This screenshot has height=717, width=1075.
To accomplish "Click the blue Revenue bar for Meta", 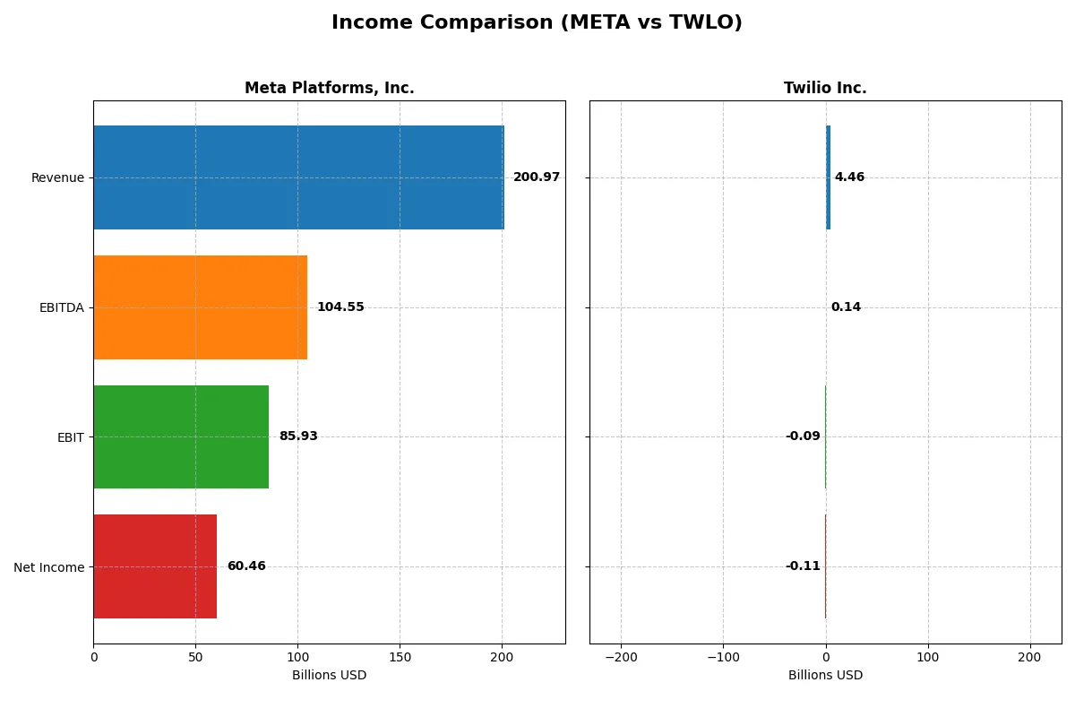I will [x=298, y=177].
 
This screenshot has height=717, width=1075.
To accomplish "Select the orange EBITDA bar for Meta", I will [x=200, y=307].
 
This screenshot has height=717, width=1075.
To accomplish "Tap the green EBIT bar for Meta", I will [x=181, y=436].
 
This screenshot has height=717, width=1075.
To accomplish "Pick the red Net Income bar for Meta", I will [x=155, y=566].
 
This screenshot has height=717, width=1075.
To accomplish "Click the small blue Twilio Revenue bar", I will [x=828, y=177].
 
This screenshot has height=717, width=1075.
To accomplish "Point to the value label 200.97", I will [x=536, y=177].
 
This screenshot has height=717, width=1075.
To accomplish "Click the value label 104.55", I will [x=340, y=307].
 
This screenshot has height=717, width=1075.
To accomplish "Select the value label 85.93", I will [x=298, y=436].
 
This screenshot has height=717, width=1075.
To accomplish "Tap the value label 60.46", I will [x=246, y=566].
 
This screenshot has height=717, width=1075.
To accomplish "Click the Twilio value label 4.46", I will [x=849, y=177].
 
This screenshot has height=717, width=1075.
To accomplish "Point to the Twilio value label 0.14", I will [x=846, y=307].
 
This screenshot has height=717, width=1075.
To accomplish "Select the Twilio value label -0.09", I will [x=803, y=436].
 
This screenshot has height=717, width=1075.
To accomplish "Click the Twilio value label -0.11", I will [x=803, y=566].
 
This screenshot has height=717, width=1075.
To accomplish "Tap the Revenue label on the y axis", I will [x=57, y=177].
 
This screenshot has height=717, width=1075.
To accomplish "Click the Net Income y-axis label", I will [x=49, y=567].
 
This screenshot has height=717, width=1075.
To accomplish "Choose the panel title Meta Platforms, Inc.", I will [x=329, y=88].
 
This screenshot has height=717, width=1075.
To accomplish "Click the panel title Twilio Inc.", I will [x=825, y=88].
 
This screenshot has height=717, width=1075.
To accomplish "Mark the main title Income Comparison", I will [x=537, y=22].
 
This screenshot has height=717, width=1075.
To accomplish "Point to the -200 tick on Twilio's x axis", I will [x=620, y=657].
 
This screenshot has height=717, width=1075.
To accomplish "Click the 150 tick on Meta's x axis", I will [x=400, y=657].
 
